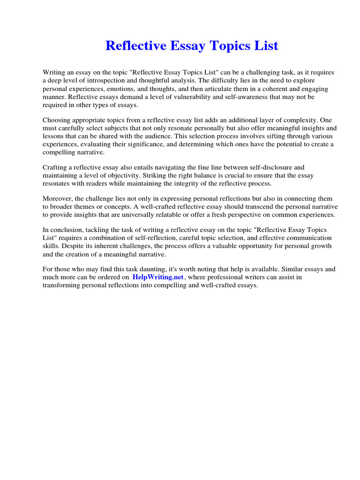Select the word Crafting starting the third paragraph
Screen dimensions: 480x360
pyautogui.click(x=56, y=167)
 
